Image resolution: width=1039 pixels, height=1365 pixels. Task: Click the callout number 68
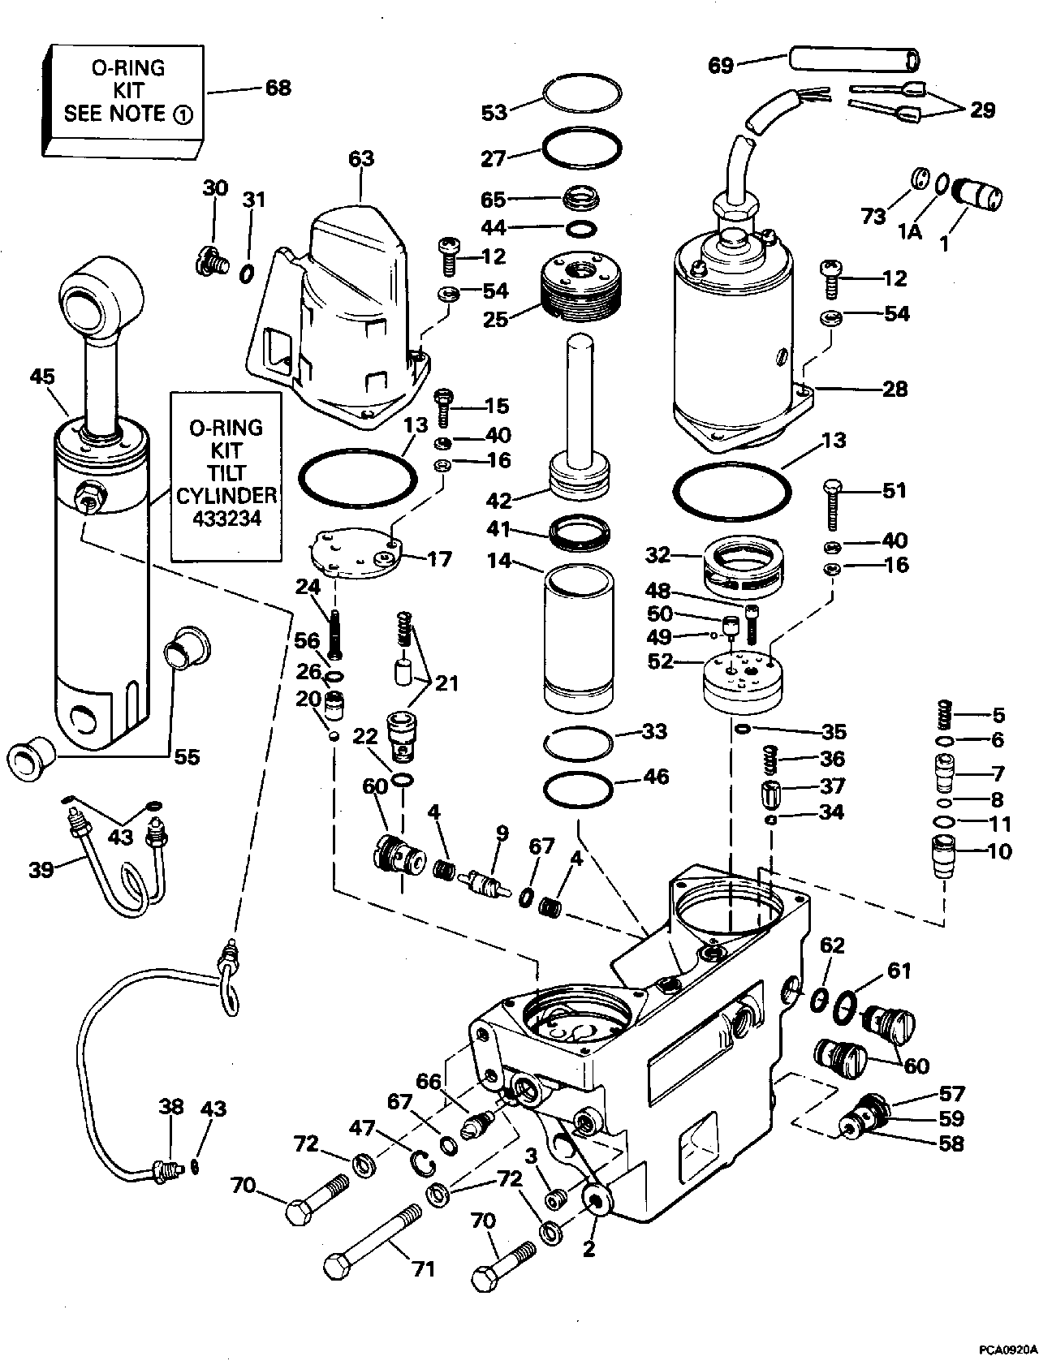[x=278, y=87]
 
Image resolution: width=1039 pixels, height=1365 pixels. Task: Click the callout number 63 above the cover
[x=361, y=158]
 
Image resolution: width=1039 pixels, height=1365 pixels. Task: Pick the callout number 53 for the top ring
[x=494, y=112]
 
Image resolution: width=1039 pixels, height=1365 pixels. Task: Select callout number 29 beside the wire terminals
[x=982, y=110]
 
